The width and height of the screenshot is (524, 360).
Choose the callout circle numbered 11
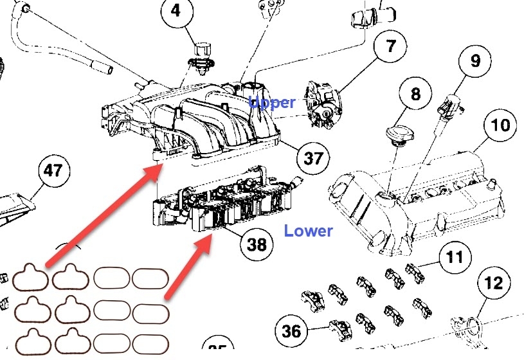454,258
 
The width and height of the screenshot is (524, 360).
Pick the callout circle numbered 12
494,283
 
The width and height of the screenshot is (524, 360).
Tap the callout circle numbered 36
291,331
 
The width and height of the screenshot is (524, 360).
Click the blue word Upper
273,102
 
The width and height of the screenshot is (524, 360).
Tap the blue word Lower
309,231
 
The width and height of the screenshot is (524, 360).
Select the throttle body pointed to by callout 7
325,103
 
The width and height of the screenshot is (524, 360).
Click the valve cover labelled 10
418,193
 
